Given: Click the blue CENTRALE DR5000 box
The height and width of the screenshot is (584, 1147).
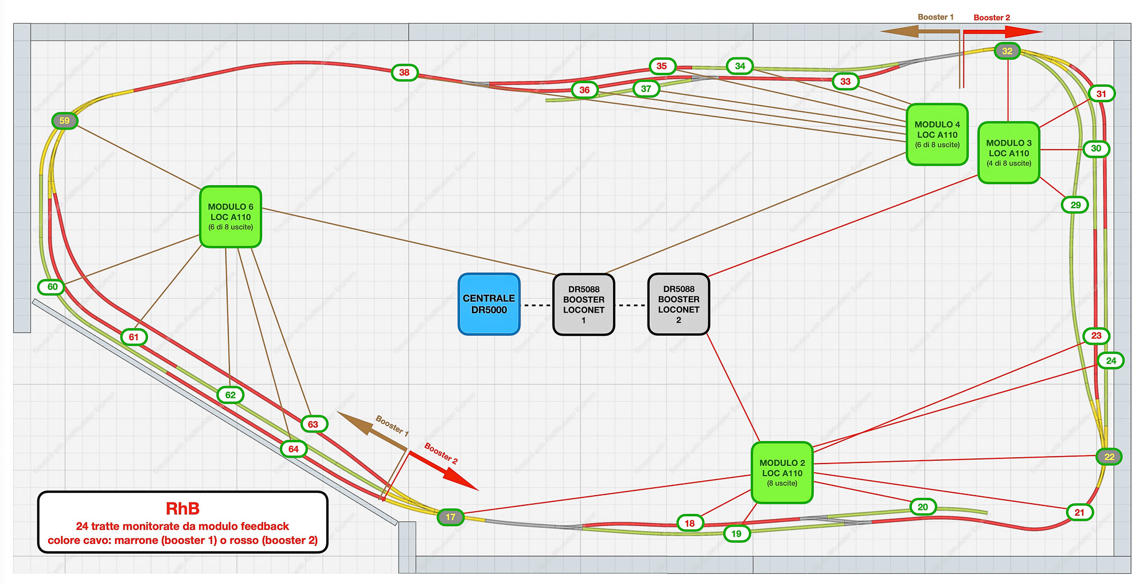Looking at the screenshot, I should (489, 304).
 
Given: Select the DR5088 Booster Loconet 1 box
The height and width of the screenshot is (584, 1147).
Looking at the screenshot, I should (583, 304).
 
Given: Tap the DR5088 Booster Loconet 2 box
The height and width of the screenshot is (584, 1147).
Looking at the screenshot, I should (678, 304).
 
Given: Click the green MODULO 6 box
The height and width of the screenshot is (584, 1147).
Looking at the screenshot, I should (231, 216).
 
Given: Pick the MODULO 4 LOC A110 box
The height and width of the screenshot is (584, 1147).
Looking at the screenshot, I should (937, 134).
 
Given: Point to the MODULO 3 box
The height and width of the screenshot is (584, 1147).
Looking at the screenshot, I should (1008, 153).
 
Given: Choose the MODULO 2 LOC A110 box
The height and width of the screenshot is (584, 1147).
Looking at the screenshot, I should (782, 472).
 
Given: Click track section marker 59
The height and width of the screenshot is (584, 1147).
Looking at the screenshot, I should (64, 120).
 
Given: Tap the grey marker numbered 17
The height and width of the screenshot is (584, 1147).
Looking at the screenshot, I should (451, 517).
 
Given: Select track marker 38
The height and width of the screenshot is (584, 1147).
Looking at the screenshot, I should (404, 72).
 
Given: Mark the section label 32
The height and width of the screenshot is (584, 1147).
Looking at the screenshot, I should (1007, 51).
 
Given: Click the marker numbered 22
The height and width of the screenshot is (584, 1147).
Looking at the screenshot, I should (1109, 457).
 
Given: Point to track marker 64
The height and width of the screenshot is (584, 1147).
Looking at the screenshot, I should (294, 449).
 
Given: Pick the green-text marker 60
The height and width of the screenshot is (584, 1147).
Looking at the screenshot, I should (52, 287).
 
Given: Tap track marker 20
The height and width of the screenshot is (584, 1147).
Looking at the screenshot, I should (923, 507).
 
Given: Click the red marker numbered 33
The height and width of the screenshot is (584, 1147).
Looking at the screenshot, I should (845, 81).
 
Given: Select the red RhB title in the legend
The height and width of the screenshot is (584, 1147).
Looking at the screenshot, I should (182, 509).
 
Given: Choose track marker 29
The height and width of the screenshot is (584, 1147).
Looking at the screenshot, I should (1075, 205).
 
